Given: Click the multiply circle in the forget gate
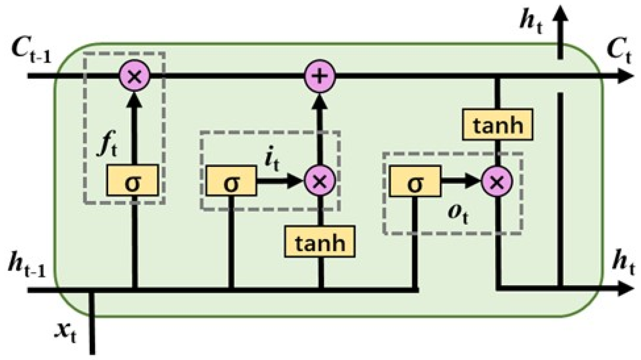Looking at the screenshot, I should point(134,76).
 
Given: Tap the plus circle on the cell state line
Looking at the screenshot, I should point(320,76).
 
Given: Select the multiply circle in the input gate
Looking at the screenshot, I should point(320,180).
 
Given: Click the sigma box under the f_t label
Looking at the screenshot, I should point(132,180).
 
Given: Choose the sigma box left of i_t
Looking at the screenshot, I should point(231,180).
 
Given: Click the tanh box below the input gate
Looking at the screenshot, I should point(320,242).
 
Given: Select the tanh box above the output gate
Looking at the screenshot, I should point(497,124).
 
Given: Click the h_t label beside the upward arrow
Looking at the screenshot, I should point(531,22).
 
